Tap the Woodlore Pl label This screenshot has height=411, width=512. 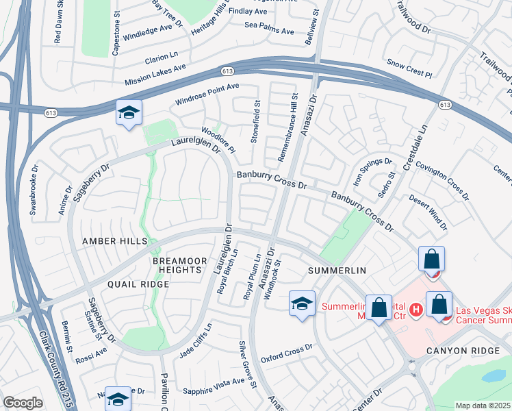pos(218,140)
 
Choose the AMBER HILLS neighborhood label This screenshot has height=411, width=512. pos(114,242)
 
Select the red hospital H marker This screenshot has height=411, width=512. pos(414,312)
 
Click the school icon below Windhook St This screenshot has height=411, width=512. pos(301,305)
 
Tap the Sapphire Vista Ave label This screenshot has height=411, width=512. pos(214,386)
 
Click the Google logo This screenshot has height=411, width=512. pos(23,403)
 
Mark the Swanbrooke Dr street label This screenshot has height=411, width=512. pos(33,188)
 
